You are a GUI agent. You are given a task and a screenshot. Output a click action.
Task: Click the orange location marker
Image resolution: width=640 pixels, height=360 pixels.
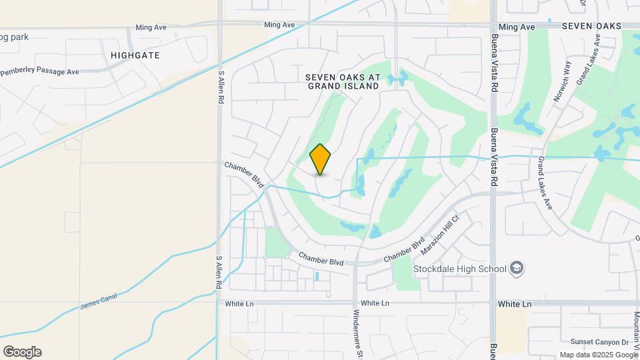[321, 159]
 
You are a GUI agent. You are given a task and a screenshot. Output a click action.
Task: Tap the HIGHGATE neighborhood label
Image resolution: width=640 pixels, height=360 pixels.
[135, 55]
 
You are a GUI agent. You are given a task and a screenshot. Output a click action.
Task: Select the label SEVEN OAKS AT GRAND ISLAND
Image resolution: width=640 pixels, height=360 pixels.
[343, 81]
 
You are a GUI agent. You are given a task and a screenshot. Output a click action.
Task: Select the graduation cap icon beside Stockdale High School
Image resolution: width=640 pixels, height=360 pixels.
[517, 269]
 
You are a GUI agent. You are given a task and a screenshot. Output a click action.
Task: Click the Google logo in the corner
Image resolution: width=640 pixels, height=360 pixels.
[22, 352]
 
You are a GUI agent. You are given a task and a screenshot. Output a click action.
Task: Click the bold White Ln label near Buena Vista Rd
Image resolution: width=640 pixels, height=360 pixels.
[514, 303]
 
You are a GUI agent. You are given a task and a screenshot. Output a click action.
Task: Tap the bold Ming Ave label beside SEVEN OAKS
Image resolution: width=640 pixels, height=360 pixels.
[517, 27]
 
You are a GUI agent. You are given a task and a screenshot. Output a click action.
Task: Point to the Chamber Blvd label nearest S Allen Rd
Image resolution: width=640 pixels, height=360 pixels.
[245, 173]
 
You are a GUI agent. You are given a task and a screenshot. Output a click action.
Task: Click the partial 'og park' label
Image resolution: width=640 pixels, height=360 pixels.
[15, 37]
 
